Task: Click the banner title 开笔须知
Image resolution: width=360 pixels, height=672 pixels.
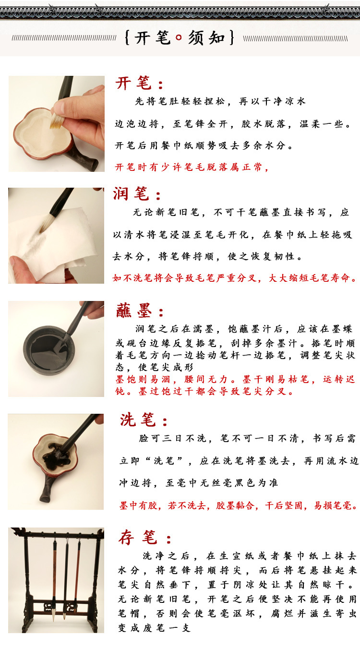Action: (180, 38)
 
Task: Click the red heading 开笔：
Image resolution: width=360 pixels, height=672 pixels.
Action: (140, 84)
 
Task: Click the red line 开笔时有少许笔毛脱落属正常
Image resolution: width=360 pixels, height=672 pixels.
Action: (192, 167)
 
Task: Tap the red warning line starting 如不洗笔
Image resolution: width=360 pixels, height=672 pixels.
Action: (235, 277)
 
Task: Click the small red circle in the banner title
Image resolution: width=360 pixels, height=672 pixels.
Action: (179, 38)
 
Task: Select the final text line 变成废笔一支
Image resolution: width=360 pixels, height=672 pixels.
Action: (154, 627)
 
